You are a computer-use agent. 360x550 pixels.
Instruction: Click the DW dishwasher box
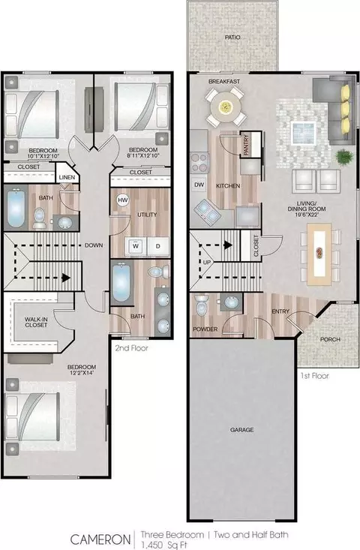click(199, 184)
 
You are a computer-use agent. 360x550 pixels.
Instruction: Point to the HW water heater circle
click(123, 200)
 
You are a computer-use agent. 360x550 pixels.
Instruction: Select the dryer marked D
click(157, 245)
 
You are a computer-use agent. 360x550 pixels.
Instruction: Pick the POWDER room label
click(205, 329)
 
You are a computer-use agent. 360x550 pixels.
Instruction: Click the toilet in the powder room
click(202, 306)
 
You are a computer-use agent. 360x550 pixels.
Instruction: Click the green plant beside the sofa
click(344, 158)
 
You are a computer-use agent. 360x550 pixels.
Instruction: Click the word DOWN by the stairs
click(94, 245)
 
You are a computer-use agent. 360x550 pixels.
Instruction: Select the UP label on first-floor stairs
click(206, 261)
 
